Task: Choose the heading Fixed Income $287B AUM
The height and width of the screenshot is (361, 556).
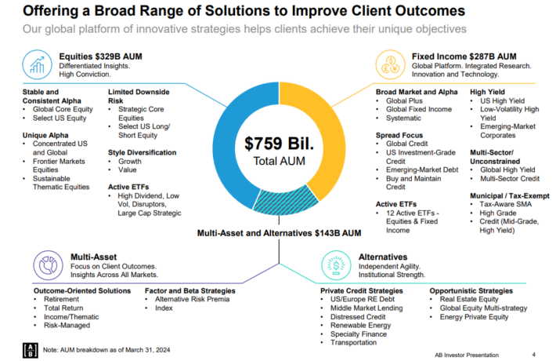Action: (x=464, y=57)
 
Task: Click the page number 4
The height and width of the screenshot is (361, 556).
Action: (x=533, y=353)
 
